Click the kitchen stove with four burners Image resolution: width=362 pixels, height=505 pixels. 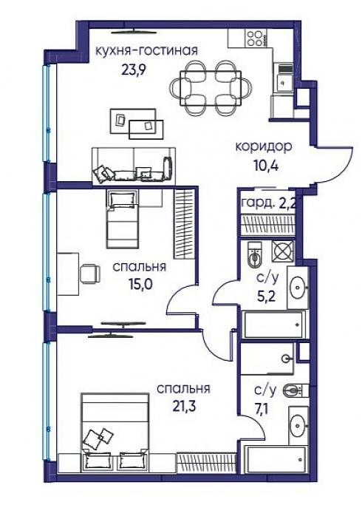pos(256,38)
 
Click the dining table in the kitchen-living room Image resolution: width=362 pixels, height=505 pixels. pos(211,88)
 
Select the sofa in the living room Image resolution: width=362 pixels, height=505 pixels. pos(134,166)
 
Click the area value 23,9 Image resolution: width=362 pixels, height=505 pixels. pos(134,70)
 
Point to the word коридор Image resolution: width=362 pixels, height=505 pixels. pos(264,146)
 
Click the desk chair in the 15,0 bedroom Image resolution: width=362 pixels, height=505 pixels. pos(89,274)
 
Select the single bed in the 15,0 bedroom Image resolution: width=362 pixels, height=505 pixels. pos(123,219)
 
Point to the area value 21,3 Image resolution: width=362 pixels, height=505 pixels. pos(183,406)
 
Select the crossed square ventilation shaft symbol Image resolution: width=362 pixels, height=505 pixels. pos(282,251)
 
